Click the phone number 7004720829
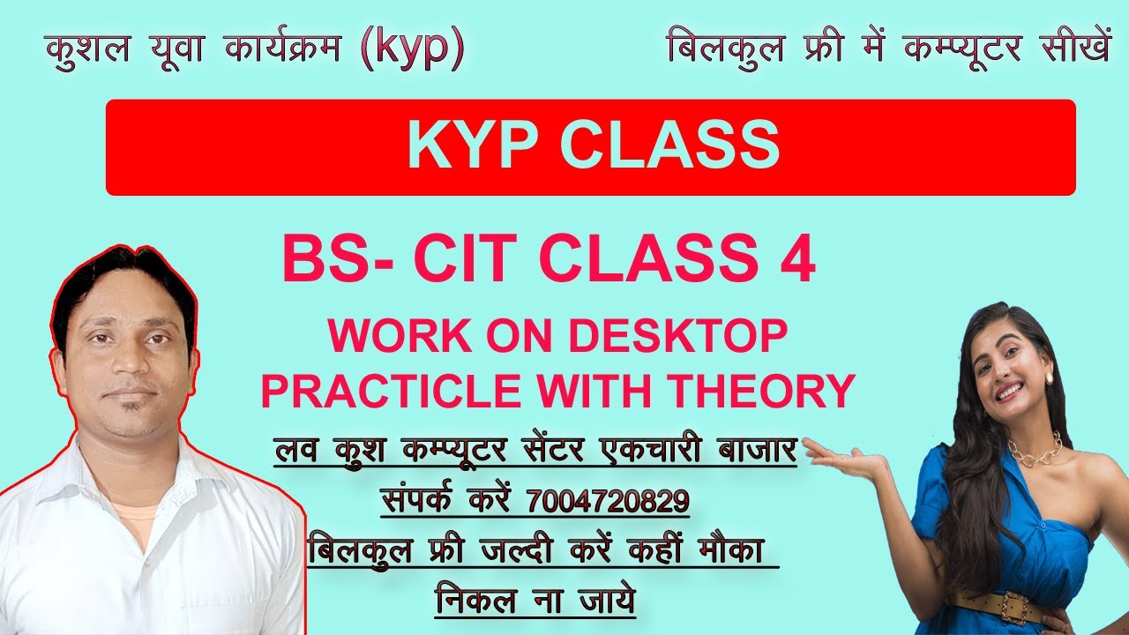(608, 501)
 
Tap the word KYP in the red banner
(473, 146)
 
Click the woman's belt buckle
(1007, 606)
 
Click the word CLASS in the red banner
(667, 146)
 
